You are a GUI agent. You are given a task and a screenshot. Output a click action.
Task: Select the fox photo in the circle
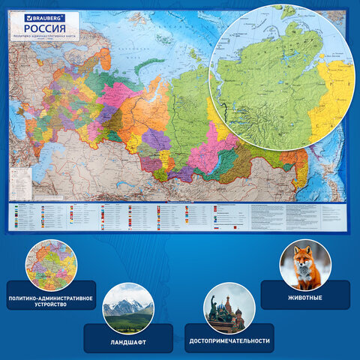(304, 264)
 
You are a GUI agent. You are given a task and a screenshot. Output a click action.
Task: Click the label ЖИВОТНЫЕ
(305, 295)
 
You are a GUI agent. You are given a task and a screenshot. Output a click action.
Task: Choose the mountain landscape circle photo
(127, 307)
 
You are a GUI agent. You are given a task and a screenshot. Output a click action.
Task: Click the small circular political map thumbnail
(51, 265)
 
